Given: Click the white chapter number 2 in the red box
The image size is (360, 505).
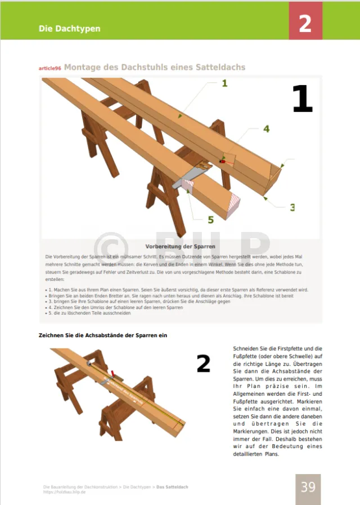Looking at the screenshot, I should pyautogui.click(x=305, y=23).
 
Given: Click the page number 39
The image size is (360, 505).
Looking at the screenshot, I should pyautogui.click(x=308, y=486).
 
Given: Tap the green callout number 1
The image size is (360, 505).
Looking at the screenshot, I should pyautogui.click(x=224, y=83).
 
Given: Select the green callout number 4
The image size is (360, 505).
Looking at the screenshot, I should pyautogui.click(x=266, y=129).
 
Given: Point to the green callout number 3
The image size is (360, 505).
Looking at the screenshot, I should pyautogui.click(x=292, y=207).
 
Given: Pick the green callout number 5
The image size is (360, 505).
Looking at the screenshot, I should pyautogui.click(x=210, y=220).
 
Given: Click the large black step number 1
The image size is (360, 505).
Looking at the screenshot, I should pyautogui.click(x=302, y=100).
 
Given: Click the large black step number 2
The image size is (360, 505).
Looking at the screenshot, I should pyautogui.click(x=203, y=364).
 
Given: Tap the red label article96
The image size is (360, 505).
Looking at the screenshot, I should pyautogui.click(x=49, y=68).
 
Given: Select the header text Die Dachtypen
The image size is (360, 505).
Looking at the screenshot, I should pyautogui.click(x=69, y=28).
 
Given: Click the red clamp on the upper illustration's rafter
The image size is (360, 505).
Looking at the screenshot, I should pyautogui.click(x=223, y=161).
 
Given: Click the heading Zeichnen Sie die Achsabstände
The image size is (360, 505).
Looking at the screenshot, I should pyautogui.click(x=103, y=336).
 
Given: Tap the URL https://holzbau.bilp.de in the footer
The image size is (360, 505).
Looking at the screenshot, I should pyautogui.click(x=64, y=491).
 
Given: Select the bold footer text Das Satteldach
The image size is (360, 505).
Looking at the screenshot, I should pyautogui.click(x=172, y=486).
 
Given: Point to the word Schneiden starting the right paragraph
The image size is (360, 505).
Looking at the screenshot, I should pyautogui.click(x=247, y=348).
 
